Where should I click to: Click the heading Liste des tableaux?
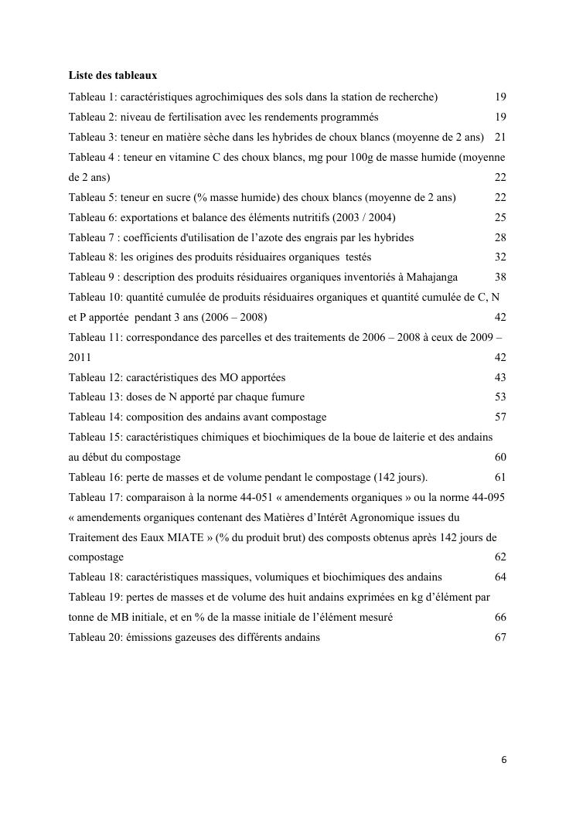(113, 76)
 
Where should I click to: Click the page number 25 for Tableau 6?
(500, 217)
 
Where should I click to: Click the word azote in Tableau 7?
(253, 237)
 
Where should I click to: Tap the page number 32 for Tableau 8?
(500, 257)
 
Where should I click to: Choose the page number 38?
(500, 277)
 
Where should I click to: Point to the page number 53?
(500, 397)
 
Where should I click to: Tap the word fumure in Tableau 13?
(287, 397)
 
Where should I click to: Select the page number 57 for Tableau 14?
(500, 417)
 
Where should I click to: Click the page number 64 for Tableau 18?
(500, 577)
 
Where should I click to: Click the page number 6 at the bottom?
(504, 760)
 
